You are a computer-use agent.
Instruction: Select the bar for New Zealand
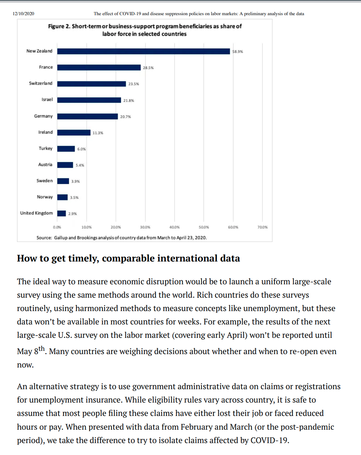click(x=143, y=51)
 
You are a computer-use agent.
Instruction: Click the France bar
click(x=99, y=68)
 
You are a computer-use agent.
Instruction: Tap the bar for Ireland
click(x=74, y=133)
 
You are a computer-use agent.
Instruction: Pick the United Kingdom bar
click(x=61, y=213)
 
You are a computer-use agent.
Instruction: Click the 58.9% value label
click(x=238, y=52)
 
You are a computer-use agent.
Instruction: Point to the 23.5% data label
click(x=134, y=84)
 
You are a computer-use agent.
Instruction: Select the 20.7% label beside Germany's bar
click(x=126, y=117)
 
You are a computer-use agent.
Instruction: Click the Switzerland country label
click(x=40, y=83)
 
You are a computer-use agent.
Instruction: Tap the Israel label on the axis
click(x=47, y=99)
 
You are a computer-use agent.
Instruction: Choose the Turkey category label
click(x=45, y=148)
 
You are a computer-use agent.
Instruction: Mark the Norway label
click(x=45, y=197)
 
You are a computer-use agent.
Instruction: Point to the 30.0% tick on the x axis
click(x=145, y=227)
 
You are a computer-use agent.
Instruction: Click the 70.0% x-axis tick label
click(x=262, y=227)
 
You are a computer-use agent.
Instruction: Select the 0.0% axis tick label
click(x=57, y=227)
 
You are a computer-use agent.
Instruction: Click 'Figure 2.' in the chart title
click(x=59, y=26)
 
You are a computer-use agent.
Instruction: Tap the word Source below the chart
click(x=44, y=238)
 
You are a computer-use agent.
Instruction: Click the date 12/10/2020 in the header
click(x=23, y=14)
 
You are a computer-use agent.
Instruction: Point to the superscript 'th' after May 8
click(x=42, y=349)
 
